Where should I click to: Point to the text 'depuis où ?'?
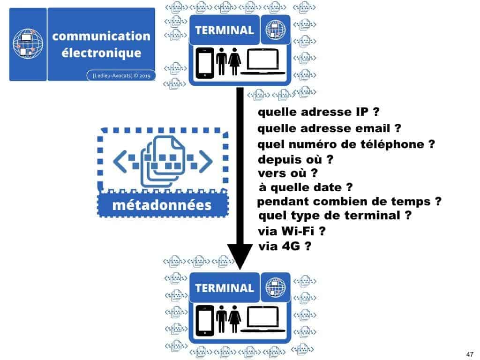pyautogui.click(x=295, y=159)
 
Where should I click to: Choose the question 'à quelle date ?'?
pyautogui.click(x=305, y=188)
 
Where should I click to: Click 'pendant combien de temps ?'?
pyautogui.click(x=350, y=202)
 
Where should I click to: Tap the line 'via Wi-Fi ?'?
pyautogui.click(x=292, y=231)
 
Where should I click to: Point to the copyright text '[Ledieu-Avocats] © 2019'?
pyautogui.click(x=121, y=75)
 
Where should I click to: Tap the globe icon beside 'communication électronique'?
pyautogui.click(x=28, y=44)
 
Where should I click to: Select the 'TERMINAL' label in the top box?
pyautogui.click(x=224, y=30)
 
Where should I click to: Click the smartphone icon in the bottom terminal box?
pyautogui.click(x=204, y=321)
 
